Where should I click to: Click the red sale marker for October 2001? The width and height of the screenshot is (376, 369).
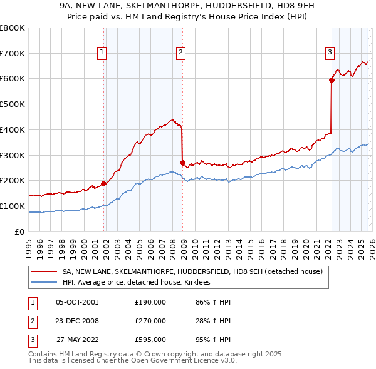pos(103,183)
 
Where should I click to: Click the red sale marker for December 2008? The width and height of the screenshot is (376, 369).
pos(182,163)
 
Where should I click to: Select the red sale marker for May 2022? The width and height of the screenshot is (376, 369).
pos(332,80)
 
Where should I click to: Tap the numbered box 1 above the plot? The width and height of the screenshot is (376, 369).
pos(102,53)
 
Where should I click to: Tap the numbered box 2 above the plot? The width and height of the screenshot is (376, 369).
pos(180,53)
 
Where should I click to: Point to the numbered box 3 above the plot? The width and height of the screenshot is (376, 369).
pos(329,53)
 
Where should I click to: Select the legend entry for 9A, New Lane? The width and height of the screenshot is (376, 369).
pos(192,271)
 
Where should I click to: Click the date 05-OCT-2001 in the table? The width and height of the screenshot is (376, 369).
pos(77,303)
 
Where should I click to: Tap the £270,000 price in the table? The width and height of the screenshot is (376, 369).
pos(150,321)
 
